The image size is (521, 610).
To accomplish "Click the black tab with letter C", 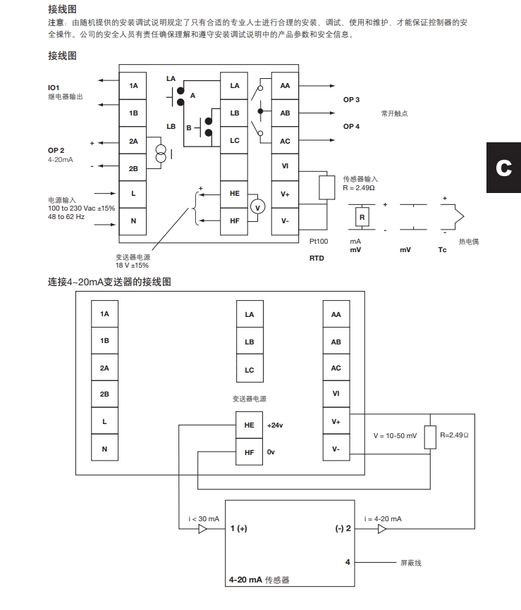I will coord(503,168).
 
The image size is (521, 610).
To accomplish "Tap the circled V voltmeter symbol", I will coord(257,206).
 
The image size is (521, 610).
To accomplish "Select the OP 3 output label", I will coord(351,100).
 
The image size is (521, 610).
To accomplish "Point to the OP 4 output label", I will coord(351,126).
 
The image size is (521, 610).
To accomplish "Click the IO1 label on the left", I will coord(54,87).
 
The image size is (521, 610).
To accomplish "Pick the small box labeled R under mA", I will coord(362,218).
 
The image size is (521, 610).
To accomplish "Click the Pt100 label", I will coord(319,241).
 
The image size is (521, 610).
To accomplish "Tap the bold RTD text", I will coord(317,259).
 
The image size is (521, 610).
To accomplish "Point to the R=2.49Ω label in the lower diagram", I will coord(454,435).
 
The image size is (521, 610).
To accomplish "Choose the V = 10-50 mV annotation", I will coord(395,436).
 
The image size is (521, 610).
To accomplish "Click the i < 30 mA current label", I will coord(204,518).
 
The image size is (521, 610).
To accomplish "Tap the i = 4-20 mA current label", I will coord(383,518).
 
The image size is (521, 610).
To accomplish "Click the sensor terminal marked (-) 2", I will coord(343,529).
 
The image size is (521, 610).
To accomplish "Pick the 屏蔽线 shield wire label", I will coord(411,563).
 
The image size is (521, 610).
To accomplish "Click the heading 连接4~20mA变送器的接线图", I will coord(109,282).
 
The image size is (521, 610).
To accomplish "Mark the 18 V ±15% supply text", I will coord(132,265).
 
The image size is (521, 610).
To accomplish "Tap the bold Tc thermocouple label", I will coord(442,250).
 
